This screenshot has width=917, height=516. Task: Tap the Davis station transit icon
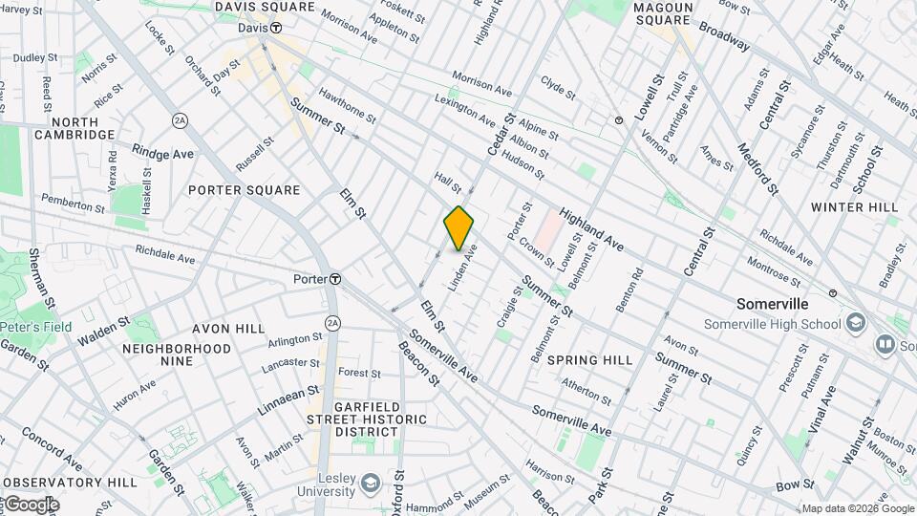[276, 28]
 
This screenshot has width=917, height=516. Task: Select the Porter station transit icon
[335, 279]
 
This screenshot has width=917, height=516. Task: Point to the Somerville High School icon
[853, 322]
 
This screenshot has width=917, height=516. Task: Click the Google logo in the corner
[31, 505]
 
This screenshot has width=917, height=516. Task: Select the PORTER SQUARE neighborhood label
[244, 190]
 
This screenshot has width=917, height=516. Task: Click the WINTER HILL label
[854, 207]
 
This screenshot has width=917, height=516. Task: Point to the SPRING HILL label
[590, 360]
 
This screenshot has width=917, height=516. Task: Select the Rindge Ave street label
[163, 153]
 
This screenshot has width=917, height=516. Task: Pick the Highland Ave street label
[592, 230]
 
